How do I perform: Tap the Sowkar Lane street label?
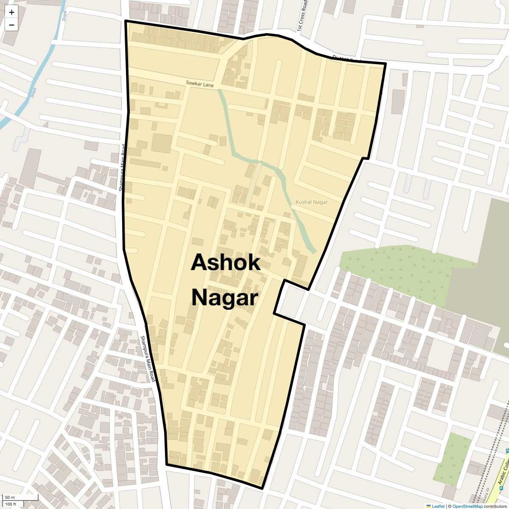(199, 84)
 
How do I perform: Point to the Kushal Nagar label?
(311, 202)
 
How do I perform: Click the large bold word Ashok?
(225, 263)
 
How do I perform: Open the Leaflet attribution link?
(438, 506)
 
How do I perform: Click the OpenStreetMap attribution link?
(467, 506)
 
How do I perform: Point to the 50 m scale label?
(10, 497)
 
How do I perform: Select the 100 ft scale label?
(11, 504)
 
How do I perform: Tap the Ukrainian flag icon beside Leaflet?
(428, 506)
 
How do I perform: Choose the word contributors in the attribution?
(495, 506)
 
